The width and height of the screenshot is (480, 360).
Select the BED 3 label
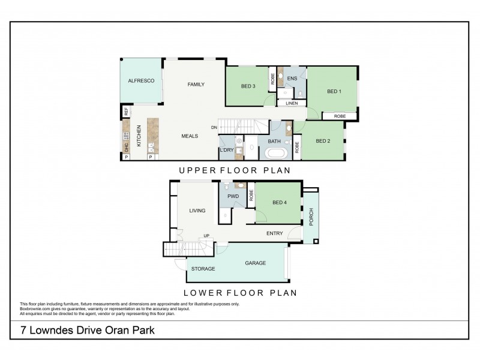pyautogui.click(x=248, y=86)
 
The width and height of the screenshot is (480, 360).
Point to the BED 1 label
pyautogui.click(x=334, y=91)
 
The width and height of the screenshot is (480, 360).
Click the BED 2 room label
pyautogui.click(x=323, y=141)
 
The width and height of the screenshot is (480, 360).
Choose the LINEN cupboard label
pyautogui.click(x=292, y=103)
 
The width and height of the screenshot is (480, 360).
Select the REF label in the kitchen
pyautogui.click(x=127, y=112)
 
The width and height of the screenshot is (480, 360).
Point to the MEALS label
pyautogui.click(x=190, y=136)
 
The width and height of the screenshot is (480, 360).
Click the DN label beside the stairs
pyautogui.click(x=214, y=127)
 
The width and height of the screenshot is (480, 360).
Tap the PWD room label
pyautogui.click(x=233, y=196)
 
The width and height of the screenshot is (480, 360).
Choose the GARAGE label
pyautogui.click(x=255, y=263)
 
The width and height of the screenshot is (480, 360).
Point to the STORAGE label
pyautogui.click(x=203, y=269)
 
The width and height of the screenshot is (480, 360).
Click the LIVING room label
pyautogui.click(x=197, y=211)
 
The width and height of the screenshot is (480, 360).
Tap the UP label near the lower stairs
pyautogui.click(x=207, y=235)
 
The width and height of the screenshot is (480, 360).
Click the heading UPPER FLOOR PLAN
pyautogui.click(x=235, y=170)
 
